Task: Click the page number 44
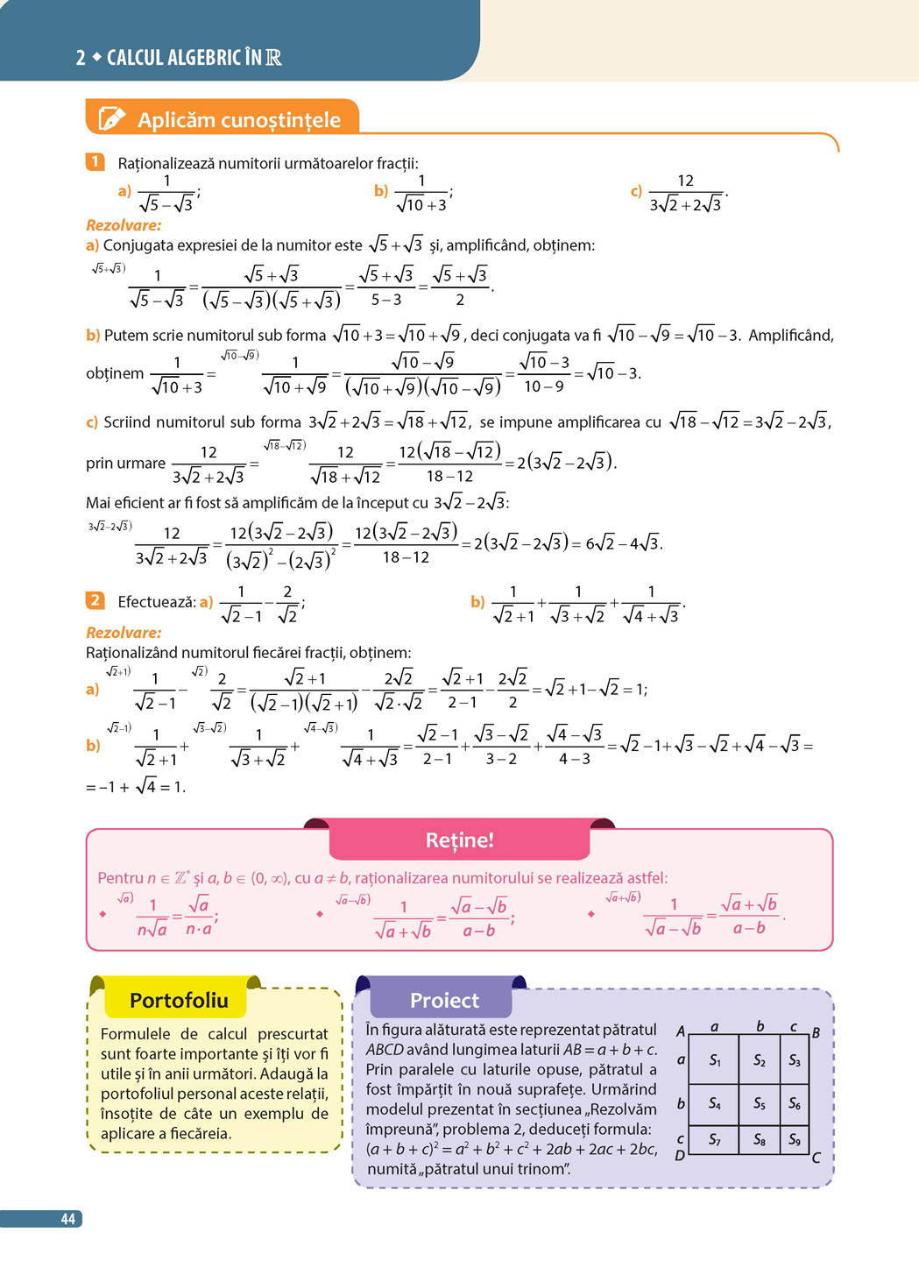point(67,1219)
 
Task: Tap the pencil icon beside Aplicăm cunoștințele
point(112,118)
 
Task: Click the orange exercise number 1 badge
point(95,162)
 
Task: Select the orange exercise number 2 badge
point(95,600)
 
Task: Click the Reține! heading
point(459,840)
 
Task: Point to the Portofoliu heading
point(179,1000)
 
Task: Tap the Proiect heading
point(444,1000)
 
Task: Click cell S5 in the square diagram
point(760,1103)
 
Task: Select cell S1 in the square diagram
point(715,1060)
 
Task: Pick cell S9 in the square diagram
point(795,1139)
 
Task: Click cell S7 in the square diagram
point(715,1139)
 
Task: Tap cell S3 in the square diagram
point(795,1060)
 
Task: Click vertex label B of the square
point(816,1032)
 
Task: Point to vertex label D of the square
point(680,1155)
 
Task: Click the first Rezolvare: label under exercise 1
point(124,225)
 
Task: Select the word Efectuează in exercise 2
point(156,602)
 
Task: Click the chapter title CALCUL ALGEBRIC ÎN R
point(194,58)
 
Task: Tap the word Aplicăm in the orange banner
point(173,120)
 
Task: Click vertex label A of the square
point(681,1031)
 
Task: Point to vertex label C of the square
point(816,1158)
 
